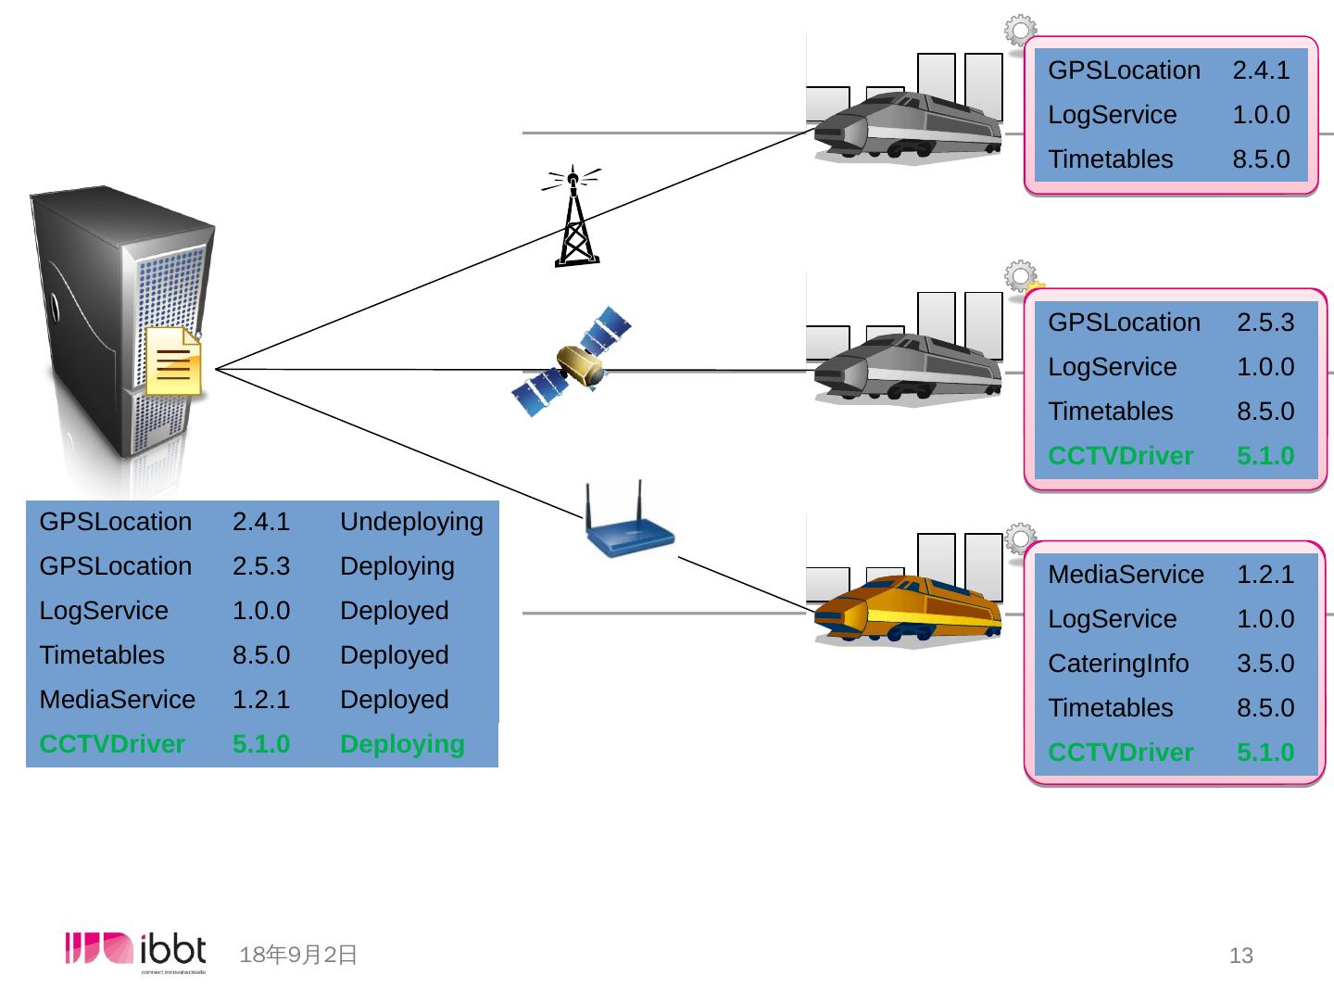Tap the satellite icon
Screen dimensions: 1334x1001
coord(572,361)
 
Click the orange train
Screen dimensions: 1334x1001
coord(907,609)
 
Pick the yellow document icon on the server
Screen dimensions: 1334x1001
coord(174,361)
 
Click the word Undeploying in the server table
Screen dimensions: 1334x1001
coord(411,522)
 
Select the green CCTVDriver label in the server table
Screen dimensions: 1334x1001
coord(112,744)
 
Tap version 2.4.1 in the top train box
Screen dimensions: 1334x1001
coord(1261,70)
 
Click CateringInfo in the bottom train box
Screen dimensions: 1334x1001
coord(1118,664)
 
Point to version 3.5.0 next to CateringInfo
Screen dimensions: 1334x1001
coord(1266,663)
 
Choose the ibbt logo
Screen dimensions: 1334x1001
coord(135,952)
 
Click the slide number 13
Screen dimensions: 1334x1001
coord(1241,956)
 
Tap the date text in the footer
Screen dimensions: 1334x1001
coord(297,955)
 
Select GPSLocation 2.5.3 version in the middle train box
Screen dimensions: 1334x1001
coord(1266,323)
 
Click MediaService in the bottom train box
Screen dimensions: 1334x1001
coord(1126,575)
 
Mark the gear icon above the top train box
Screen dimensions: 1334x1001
coord(1020,30)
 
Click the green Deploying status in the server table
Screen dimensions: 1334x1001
coord(402,744)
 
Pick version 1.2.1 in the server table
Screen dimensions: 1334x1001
coord(261,700)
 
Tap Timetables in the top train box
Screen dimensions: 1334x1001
coord(1111,159)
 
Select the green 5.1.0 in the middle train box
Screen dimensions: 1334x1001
coord(1266,456)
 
